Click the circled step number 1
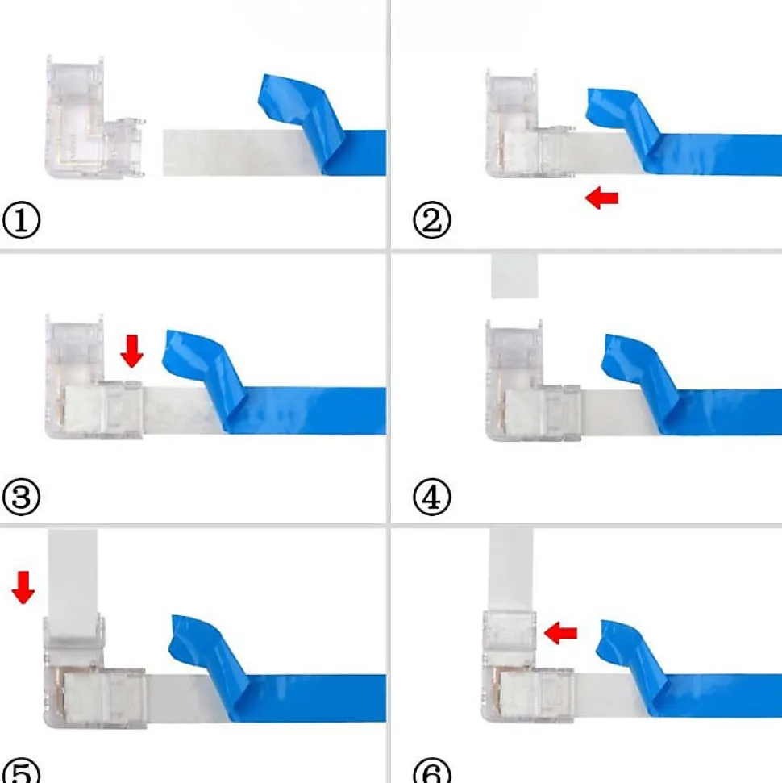click(21, 219)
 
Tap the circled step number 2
click(432, 219)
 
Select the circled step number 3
click(21, 497)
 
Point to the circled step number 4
click(432, 497)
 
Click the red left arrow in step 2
click(601, 198)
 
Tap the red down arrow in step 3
click(132, 351)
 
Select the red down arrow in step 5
click(23, 588)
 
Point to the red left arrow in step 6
click(560, 633)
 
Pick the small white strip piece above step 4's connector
click(514, 276)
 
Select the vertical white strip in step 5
click(73, 581)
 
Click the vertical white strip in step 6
click(510, 569)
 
